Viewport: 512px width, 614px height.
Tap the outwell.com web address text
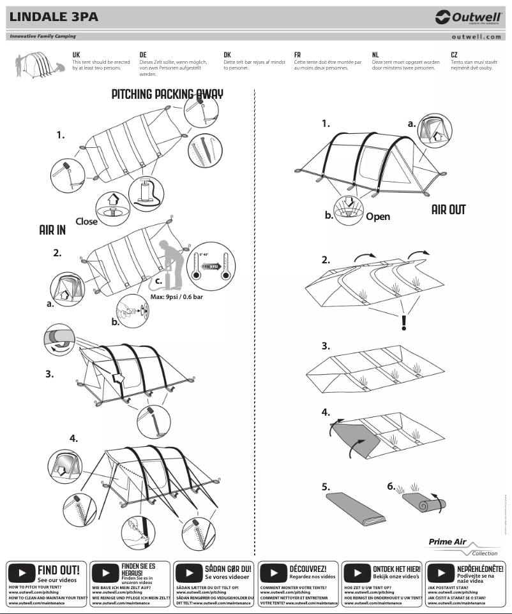(476, 37)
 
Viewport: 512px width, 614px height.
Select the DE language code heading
(143, 55)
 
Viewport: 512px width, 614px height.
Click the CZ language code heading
(454, 55)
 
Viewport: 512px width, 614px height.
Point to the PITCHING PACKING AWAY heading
(167, 94)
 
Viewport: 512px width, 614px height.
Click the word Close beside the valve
(87, 221)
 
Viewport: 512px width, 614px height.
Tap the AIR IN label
(52, 231)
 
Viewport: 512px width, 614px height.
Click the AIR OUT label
(448, 210)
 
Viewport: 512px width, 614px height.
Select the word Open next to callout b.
(377, 216)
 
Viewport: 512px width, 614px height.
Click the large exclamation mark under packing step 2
(403, 324)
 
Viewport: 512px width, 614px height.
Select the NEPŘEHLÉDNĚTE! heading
(480, 567)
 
